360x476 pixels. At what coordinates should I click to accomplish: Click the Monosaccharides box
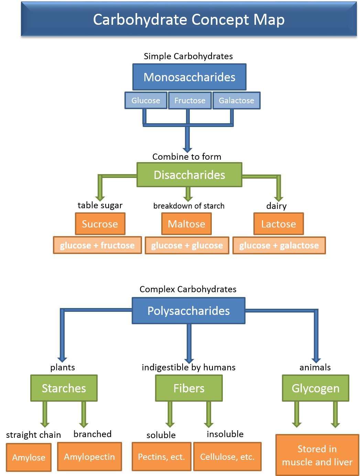point(189,77)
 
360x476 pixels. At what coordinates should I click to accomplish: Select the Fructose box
point(189,101)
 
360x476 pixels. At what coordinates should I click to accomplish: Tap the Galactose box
point(236,101)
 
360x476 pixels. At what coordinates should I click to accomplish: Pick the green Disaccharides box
point(189,175)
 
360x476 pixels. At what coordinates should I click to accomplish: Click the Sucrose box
point(100,224)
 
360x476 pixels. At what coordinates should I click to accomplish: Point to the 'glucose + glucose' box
point(187,245)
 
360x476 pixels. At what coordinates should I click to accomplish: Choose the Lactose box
point(279,224)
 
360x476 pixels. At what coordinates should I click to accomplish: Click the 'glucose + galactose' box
point(279,245)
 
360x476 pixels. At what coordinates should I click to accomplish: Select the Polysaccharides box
point(188,311)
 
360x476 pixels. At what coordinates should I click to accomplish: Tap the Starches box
point(64,388)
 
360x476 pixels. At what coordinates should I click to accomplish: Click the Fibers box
point(189,388)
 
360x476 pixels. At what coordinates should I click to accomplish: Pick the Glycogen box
point(315,388)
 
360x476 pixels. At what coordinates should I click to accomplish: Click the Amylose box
point(29,457)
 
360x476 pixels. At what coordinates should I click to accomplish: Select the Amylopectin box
point(89,457)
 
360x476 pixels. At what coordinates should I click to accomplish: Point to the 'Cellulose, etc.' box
point(227,457)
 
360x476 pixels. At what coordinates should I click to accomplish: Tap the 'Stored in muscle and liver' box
point(317,455)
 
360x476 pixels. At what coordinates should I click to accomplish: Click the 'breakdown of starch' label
point(189,206)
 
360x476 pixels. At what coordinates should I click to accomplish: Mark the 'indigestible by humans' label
point(188,367)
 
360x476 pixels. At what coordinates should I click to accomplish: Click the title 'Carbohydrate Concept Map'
point(189,19)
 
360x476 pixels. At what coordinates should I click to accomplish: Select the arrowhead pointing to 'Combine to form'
point(187,149)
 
